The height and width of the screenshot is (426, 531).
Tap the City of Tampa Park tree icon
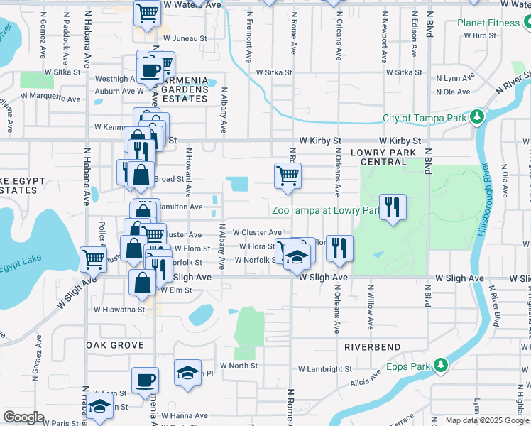tap(478, 116)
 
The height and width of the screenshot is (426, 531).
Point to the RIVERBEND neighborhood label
tap(373, 347)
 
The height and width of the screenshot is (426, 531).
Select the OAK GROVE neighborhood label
tap(115, 344)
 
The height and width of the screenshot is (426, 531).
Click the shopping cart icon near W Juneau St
tap(146, 13)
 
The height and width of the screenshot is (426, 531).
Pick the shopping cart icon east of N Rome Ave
tap(288, 177)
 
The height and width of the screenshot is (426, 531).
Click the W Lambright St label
tap(324, 369)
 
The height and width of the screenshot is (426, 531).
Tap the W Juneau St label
tap(185, 39)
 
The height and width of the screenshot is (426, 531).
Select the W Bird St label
tap(479, 35)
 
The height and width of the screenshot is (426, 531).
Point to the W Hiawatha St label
tap(119, 309)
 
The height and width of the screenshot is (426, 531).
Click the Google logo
tap(23, 417)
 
